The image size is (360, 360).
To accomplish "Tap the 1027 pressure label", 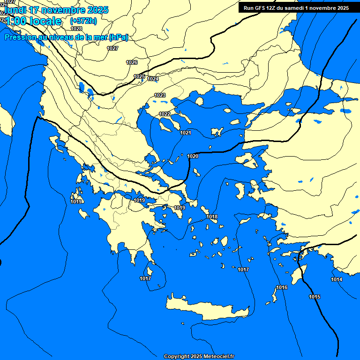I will point(112,48).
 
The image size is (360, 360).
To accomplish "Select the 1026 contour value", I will point(132,62).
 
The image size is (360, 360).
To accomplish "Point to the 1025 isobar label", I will point(139,76).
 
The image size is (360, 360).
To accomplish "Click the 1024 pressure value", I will point(153,79).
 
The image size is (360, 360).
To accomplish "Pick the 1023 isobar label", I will point(160,95).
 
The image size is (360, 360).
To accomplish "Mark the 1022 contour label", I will point(165,114).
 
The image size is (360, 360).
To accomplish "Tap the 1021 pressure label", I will point(186,133).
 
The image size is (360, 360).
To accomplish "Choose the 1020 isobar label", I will point(193,156).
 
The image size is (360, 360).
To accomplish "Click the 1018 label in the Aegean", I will point(212,217).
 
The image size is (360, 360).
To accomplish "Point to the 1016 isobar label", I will point(282,287).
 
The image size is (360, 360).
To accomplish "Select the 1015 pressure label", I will point(315,297).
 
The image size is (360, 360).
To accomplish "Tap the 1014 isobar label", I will point(337,279).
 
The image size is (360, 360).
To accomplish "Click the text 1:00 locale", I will point(33,21).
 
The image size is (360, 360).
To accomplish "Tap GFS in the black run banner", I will point(259,8).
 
